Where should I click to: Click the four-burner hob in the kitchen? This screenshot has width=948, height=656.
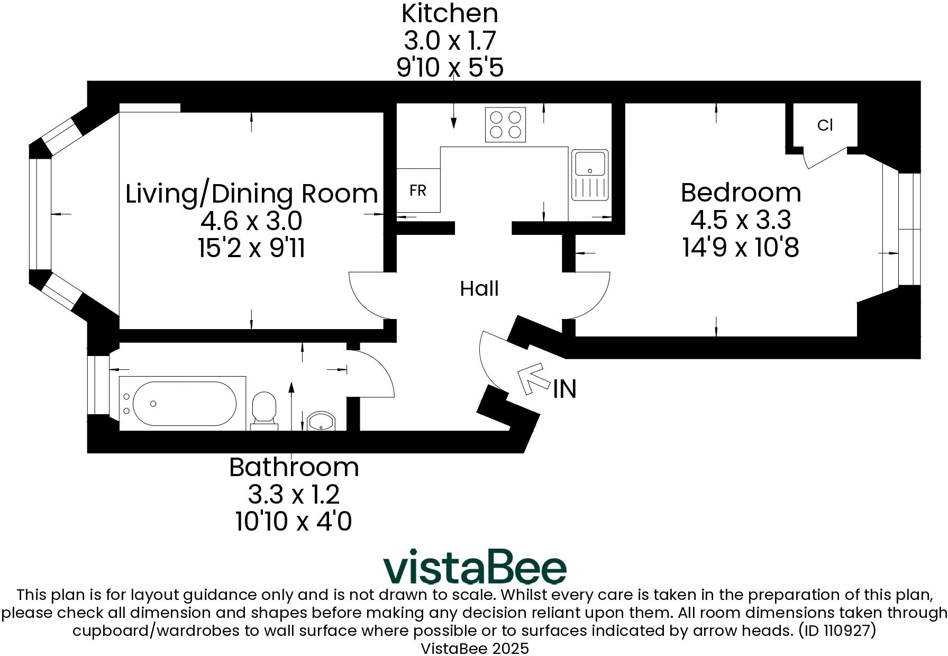click(505, 125)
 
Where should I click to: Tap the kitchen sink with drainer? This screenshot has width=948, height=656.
click(590, 176)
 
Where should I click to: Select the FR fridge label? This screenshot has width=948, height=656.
click(418, 190)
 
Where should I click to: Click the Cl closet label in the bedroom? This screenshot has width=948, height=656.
click(825, 125)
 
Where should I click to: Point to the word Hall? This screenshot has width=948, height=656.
click(479, 289)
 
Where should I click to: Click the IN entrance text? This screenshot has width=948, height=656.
click(564, 389)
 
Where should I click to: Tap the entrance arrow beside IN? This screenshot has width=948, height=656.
click(532, 377)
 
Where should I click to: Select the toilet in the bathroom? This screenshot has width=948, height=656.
click(264, 410)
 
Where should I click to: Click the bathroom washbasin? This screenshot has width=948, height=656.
click(321, 422)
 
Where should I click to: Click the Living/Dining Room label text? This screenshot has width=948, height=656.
click(252, 194)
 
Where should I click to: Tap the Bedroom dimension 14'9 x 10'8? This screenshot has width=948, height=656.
click(741, 247)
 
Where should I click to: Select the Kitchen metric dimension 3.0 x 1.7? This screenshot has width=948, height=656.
click(450, 41)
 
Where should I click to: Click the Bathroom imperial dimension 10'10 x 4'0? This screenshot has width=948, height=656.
click(294, 522)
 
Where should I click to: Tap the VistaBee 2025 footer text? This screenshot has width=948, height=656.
click(475, 649)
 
